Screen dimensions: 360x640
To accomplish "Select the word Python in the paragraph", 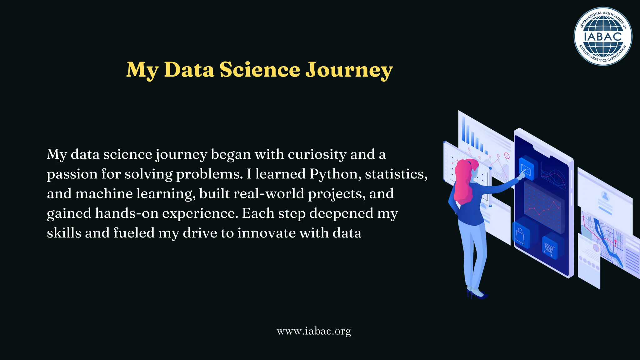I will pyautogui.click(x=333, y=174).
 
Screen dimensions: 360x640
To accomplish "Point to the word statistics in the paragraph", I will pyautogui.click(x=396, y=174).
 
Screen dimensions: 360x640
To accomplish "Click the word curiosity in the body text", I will pyautogui.click(x=317, y=154).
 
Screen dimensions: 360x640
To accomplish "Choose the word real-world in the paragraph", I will pyautogui.click(x=268, y=194).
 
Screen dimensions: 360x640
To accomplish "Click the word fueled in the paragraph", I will pyautogui.click(x=134, y=233).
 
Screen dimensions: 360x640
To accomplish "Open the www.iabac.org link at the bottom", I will pyautogui.click(x=314, y=331).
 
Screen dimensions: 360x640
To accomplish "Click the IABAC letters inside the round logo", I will pyautogui.click(x=603, y=37).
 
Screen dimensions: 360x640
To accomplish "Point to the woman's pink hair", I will pyautogui.click(x=462, y=181).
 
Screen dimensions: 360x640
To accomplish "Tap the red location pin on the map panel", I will pyautogui.click(x=615, y=242).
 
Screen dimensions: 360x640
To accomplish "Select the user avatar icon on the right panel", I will pyautogui.click(x=606, y=196).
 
